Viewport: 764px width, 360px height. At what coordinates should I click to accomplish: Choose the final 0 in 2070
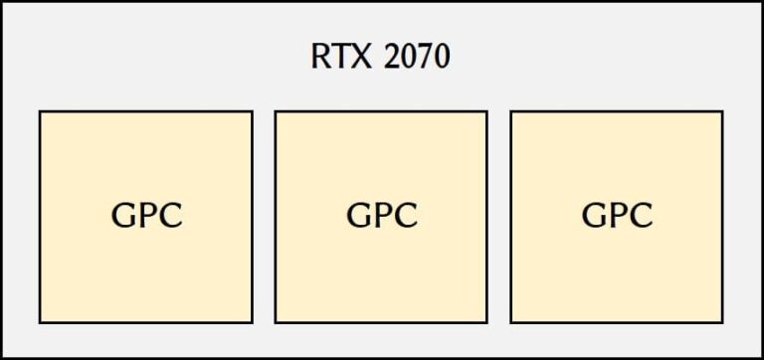pos(441,57)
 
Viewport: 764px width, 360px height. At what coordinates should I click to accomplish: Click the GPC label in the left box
pos(146,216)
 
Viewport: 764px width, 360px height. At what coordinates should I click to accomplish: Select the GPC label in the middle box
pos(382,216)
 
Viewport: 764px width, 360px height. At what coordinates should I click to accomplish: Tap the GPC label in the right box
pos(617,216)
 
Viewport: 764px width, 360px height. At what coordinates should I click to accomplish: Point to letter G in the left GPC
pos(122,216)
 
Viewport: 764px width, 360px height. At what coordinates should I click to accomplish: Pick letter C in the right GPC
pos(642,216)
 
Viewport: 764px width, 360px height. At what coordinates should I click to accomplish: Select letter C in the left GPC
pos(171,216)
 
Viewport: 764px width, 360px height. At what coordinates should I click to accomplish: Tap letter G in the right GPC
pos(593,216)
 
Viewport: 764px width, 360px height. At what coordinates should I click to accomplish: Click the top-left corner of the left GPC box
pos(40,111)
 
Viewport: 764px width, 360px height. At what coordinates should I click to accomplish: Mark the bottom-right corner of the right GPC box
pos(722,322)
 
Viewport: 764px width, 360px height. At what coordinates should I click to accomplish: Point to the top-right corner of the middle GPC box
pos(486,111)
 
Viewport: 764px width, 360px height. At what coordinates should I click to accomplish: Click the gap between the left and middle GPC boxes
pos(264,217)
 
